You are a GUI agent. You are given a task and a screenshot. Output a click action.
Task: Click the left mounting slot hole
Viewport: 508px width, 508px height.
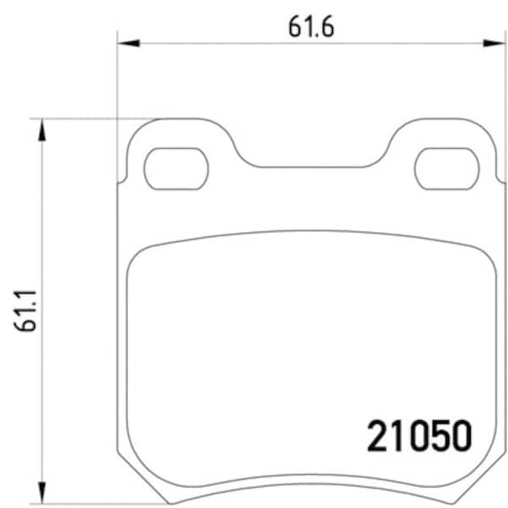[x=176, y=168]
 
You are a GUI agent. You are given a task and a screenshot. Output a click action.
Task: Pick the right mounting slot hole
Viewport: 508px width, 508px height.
[x=448, y=168]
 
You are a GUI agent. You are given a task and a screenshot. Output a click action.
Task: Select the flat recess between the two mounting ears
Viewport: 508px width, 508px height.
[x=312, y=166]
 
